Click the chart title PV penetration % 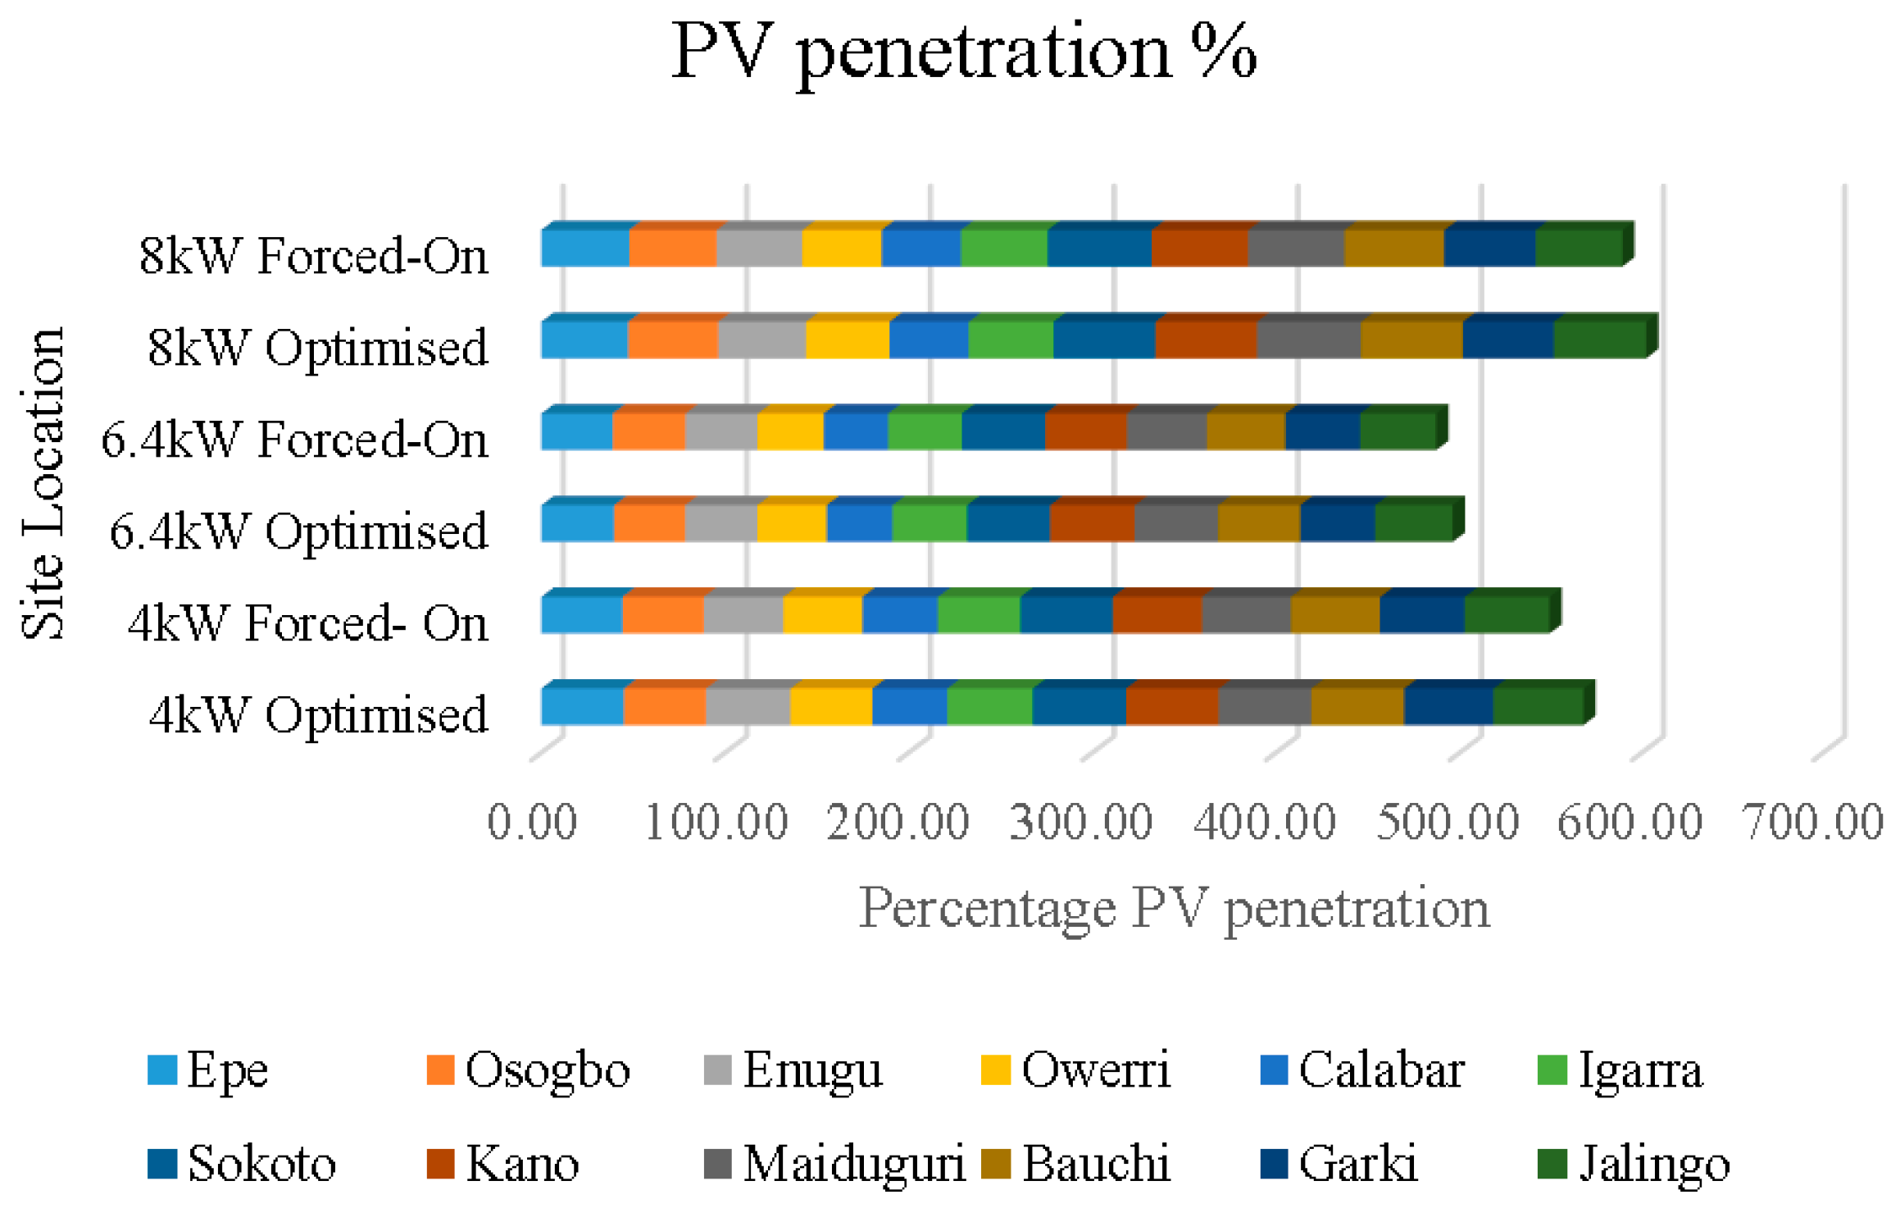click(964, 53)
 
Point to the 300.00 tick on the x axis click(1081, 823)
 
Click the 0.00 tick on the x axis click(532, 823)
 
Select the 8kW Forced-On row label click(313, 256)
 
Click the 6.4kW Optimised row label click(298, 531)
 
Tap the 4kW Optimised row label click(318, 715)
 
